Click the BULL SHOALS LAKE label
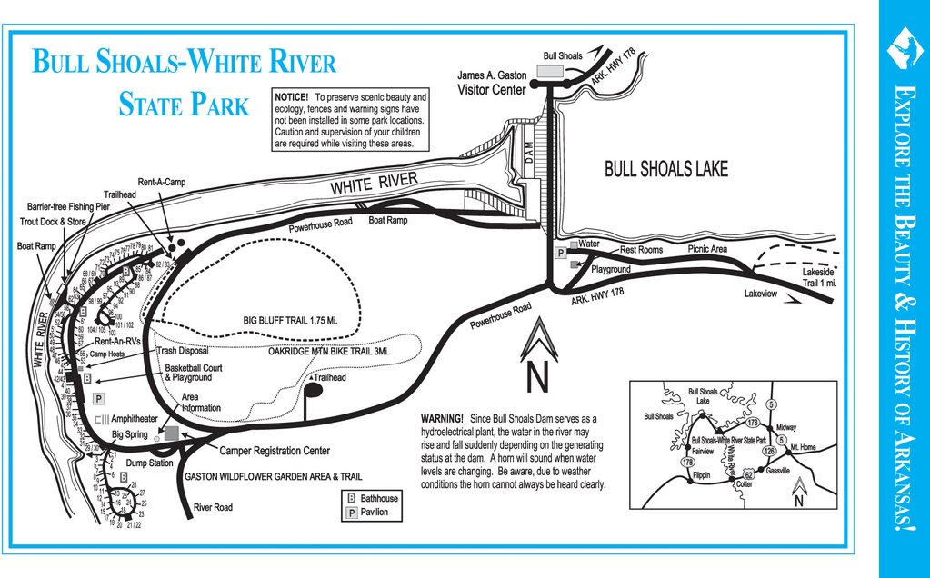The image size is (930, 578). (x=666, y=169)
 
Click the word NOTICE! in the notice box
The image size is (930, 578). (x=291, y=96)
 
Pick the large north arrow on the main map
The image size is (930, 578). (x=537, y=355)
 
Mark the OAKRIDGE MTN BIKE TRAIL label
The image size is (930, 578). (x=328, y=351)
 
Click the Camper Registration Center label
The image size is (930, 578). (x=274, y=451)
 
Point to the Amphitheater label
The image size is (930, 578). (x=135, y=419)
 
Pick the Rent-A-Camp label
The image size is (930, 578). (x=162, y=182)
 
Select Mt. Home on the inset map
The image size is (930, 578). (x=804, y=447)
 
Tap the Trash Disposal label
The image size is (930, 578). (x=183, y=350)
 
